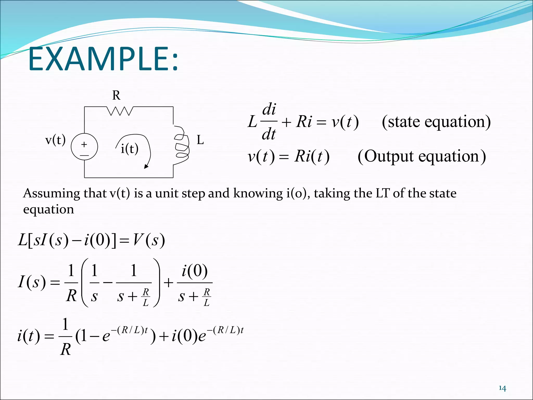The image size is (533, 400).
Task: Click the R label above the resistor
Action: (116, 95)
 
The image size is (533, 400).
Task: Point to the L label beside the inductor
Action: (200, 140)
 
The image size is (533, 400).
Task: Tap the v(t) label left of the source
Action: (55, 140)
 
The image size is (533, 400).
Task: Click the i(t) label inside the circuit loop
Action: (129, 149)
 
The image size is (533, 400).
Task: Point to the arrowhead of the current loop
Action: (146, 166)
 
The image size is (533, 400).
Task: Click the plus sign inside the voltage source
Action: (84, 144)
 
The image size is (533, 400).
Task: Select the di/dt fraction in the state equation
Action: (269, 121)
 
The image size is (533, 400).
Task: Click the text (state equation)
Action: (436, 122)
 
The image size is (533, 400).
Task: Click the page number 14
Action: (502, 388)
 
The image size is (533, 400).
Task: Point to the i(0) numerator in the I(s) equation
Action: (195, 271)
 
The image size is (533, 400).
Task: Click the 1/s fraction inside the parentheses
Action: (94, 283)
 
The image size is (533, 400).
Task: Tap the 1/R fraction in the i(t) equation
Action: (65, 337)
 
